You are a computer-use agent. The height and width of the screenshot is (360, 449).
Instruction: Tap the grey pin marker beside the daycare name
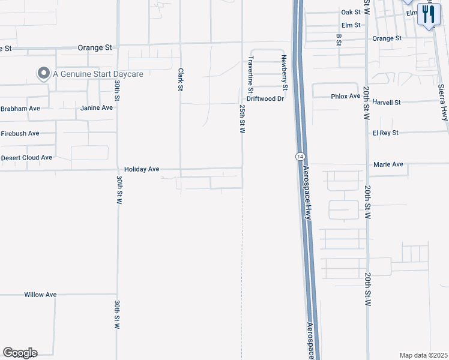click(x=43, y=74)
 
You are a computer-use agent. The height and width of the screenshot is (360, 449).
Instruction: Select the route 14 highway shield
click(x=298, y=156)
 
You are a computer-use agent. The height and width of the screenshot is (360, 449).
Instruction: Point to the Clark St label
click(x=180, y=79)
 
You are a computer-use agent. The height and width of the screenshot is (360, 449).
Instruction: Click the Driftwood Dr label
click(x=265, y=98)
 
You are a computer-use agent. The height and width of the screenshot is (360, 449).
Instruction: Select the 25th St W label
click(x=243, y=118)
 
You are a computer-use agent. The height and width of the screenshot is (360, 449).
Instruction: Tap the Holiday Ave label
click(x=142, y=169)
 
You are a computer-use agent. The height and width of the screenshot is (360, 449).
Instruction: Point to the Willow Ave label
click(x=40, y=295)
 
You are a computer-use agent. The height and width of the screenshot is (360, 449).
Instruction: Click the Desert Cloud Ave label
click(x=26, y=157)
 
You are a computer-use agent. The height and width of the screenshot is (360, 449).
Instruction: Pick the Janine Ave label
click(x=97, y=108)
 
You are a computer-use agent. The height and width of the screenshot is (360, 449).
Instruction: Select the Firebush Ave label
click(x=20, y=133)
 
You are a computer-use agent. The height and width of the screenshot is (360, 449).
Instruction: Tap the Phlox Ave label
click(x=345, y=97)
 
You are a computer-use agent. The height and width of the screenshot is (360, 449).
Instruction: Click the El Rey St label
click(x=385, y=133)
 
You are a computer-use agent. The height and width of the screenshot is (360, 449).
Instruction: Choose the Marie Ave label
click(x=388, y=164)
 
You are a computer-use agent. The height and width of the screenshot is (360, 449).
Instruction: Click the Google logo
click(x=20, y=353)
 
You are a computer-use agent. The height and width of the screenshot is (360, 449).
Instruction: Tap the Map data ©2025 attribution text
click(x=423, y=355)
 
